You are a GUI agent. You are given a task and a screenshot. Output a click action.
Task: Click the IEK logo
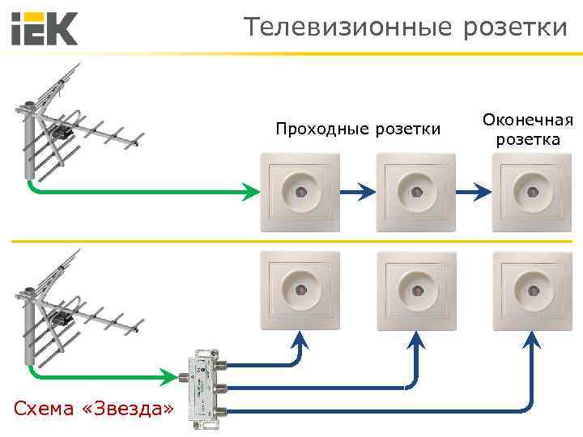click(45, 28)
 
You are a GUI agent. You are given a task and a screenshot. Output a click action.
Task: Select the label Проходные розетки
click(358, 129)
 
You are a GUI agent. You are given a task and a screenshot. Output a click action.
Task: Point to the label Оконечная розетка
click(528, 129)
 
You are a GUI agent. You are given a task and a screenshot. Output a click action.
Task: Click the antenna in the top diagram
click(77, 121)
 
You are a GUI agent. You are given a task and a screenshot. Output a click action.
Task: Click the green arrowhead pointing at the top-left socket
click(251, 193)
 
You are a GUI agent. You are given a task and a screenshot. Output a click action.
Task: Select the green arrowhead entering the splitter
click(168, 375)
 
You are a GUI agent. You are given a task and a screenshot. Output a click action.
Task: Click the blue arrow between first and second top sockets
click(356, 193)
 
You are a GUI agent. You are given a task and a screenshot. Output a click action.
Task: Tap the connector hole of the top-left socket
click(299, 192)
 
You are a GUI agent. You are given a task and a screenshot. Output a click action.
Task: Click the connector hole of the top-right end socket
click(532, 192)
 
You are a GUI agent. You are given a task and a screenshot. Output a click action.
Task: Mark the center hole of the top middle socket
click(415, 192)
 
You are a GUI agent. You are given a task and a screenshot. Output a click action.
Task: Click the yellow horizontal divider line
click(291, 241)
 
